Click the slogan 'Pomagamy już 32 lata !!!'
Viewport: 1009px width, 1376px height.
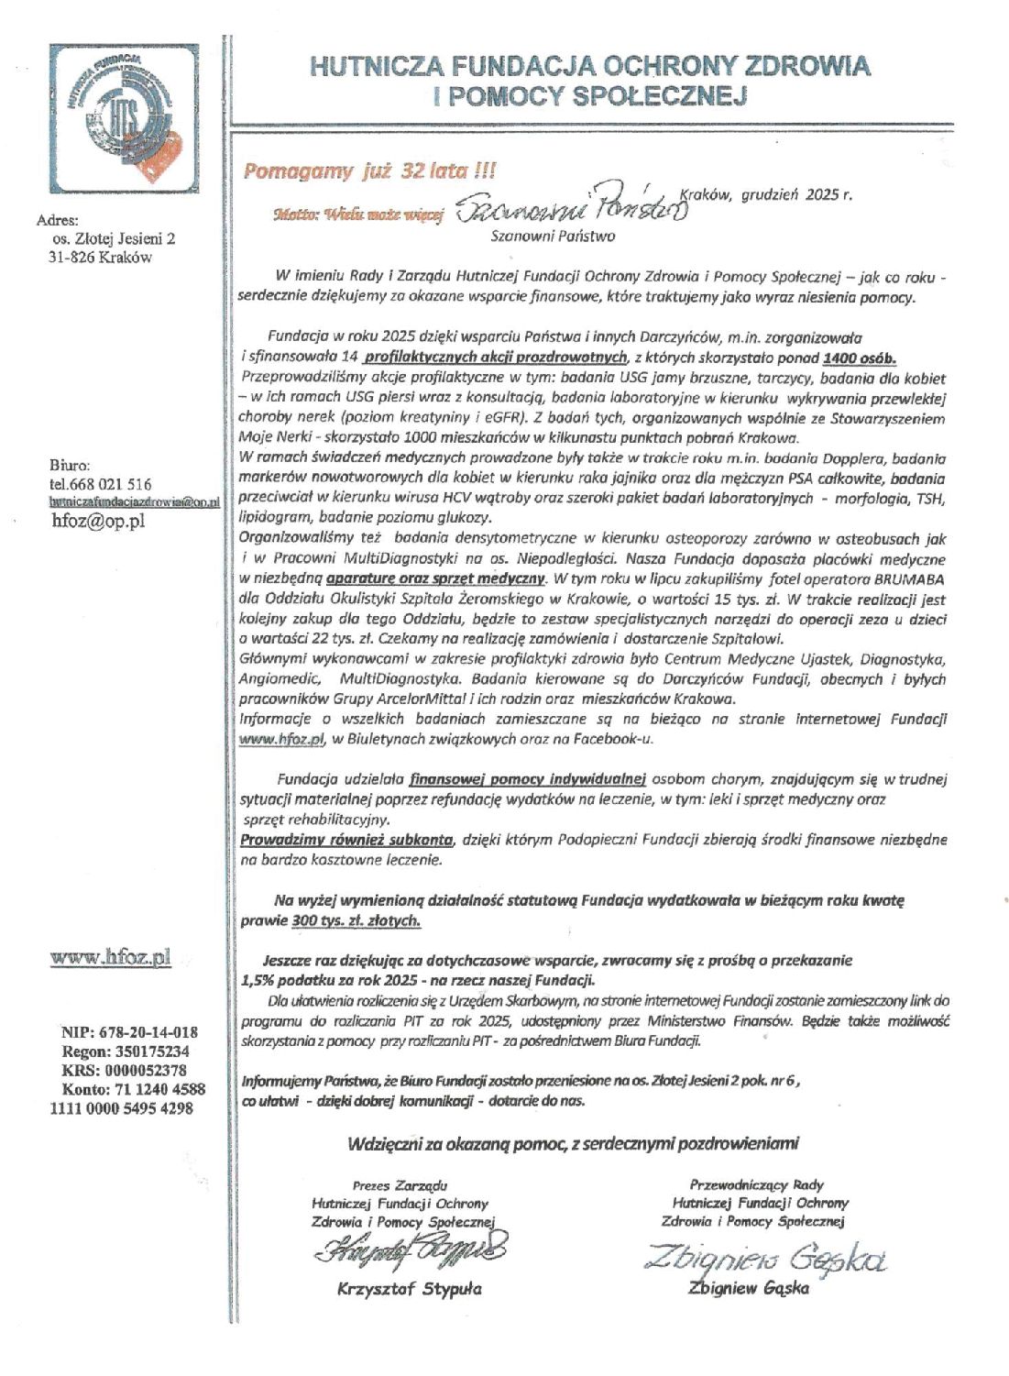point(368,171)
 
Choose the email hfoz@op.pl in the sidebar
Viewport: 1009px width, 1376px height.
point(98,521)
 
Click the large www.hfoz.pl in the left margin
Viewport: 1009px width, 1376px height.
point(111,958)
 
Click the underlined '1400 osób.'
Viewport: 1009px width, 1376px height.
point(860,358)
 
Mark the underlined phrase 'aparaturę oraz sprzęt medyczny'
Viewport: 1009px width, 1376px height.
point(437,578)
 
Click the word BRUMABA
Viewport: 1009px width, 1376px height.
point(907,579)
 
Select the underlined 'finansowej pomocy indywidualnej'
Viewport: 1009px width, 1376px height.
point(528,779)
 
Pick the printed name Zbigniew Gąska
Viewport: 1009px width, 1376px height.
point(749,1289)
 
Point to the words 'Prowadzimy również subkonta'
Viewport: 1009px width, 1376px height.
point(347,839)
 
